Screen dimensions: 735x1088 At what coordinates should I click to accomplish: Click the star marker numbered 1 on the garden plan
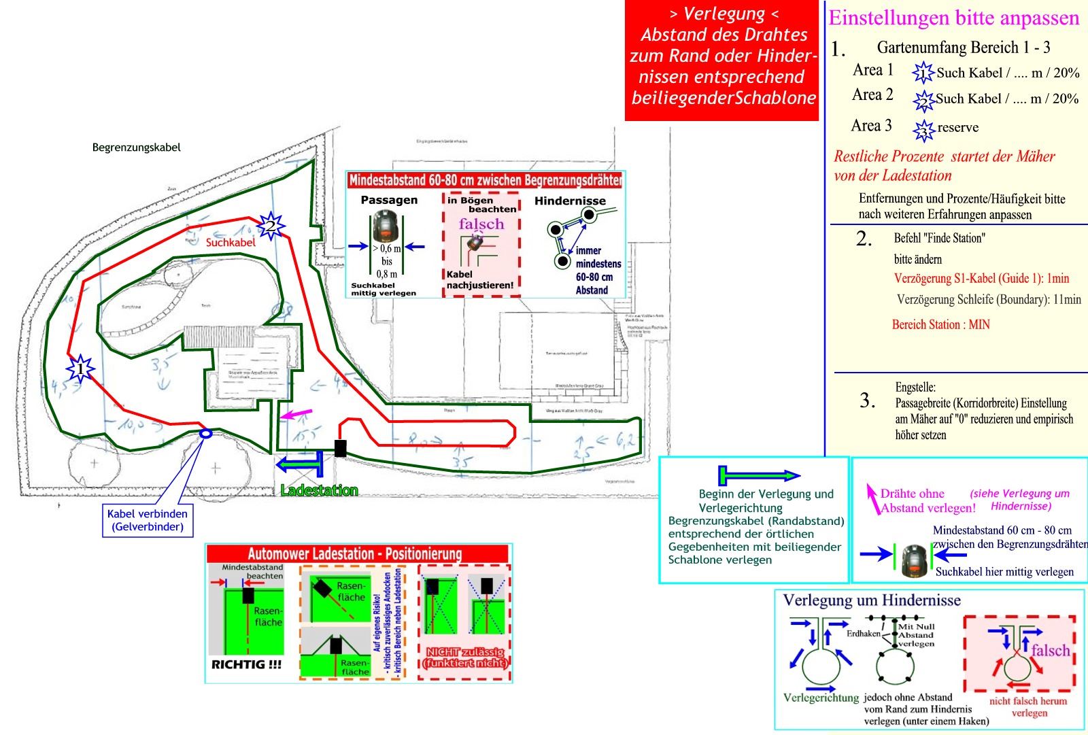point(81,369)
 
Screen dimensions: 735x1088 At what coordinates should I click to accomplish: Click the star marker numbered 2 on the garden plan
point(271,225)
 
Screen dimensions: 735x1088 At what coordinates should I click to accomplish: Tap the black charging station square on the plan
point(341,448)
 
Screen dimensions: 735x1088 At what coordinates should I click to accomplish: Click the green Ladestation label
point(319,490)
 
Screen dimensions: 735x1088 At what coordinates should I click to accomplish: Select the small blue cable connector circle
point(205,433)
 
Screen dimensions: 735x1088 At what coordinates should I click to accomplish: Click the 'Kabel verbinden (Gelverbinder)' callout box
point(148,520)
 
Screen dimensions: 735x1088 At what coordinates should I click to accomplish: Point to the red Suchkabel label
point(231,242)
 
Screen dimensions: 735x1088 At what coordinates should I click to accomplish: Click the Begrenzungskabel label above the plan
point(137,147)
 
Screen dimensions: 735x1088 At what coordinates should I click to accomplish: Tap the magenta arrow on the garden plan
point(296,413)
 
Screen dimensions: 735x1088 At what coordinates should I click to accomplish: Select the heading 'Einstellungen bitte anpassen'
point(954,18)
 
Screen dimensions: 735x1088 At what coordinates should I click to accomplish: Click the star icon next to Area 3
point(924,129)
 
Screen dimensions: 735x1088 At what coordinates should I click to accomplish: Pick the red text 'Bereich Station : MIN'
point(940,324)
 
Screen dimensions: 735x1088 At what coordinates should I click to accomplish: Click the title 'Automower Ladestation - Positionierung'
point(354,553)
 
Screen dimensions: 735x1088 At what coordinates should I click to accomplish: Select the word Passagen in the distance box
point(389,200)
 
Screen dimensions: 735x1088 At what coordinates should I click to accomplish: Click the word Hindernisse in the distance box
point(570,201)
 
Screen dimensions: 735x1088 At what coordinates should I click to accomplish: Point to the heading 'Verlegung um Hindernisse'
point(872,600)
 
